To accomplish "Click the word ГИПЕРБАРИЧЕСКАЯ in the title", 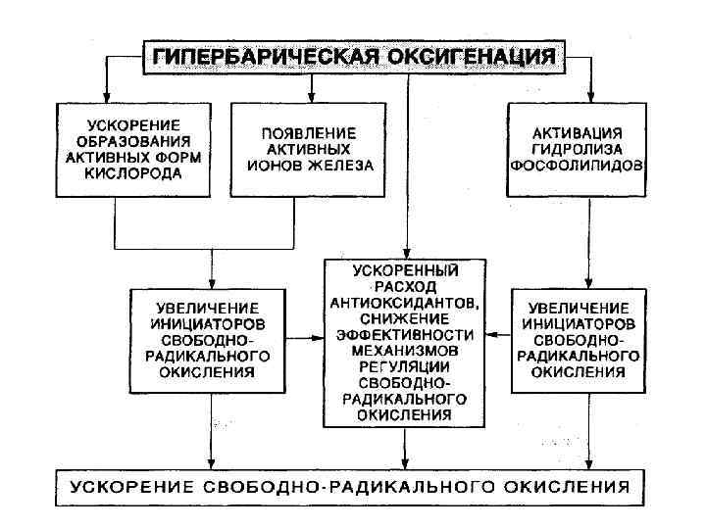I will pyautogui.click(x=255, y=55).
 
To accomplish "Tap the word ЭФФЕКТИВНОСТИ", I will pyautogui.click(x=406, y=332).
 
